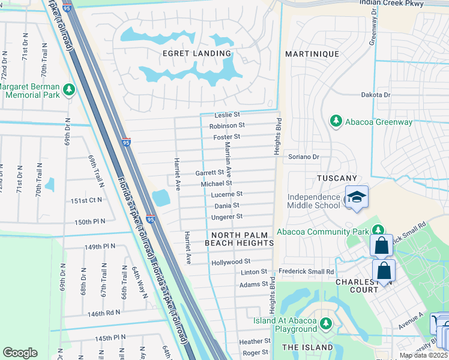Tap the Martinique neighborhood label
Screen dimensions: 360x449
click(312, 54)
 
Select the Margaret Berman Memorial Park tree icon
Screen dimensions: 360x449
click(70, 90)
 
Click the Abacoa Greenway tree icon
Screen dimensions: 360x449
click(336, 122)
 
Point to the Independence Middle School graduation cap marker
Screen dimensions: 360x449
click(357, 197)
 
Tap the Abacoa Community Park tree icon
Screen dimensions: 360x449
click(378, 230)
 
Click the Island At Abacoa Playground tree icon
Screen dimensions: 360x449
click(326, 324)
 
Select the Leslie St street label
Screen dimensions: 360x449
click(228, 115)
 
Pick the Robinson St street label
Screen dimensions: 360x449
click(227, 126)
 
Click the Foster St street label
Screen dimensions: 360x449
click(227, 137)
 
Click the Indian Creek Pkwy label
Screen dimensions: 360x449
click(391, 4)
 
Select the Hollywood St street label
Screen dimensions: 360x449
click(231, 262)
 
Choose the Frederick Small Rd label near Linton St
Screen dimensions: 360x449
click(306, 272)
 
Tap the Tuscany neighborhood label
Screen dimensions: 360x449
click(337, 178)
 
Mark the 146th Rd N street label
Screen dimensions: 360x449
click(103, 313)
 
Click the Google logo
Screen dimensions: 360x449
click(20, 353)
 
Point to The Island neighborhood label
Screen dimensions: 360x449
click(307, 347)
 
